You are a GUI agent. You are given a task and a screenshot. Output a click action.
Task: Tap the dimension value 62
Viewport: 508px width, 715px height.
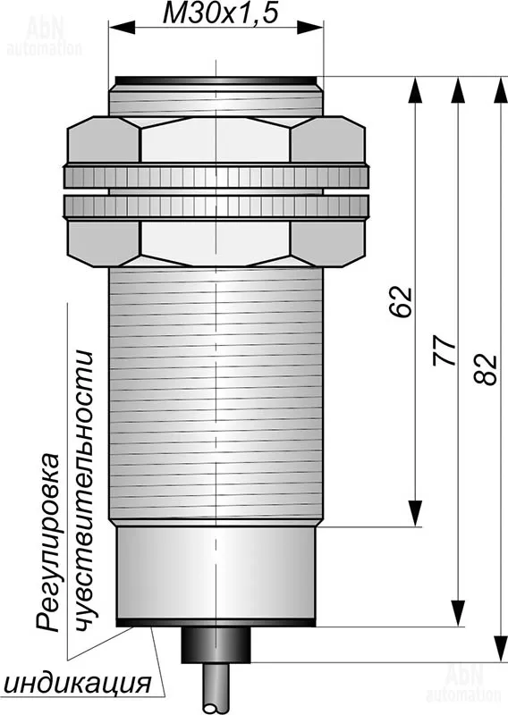coord(402,301)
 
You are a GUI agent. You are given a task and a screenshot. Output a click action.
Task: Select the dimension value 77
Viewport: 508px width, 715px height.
coord(444,350)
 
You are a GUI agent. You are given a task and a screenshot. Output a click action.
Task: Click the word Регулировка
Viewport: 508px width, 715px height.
coord(48,542)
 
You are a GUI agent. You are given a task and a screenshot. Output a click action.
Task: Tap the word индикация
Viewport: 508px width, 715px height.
coord(78,683)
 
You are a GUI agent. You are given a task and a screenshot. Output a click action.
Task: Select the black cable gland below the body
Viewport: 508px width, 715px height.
coord(216,644)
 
